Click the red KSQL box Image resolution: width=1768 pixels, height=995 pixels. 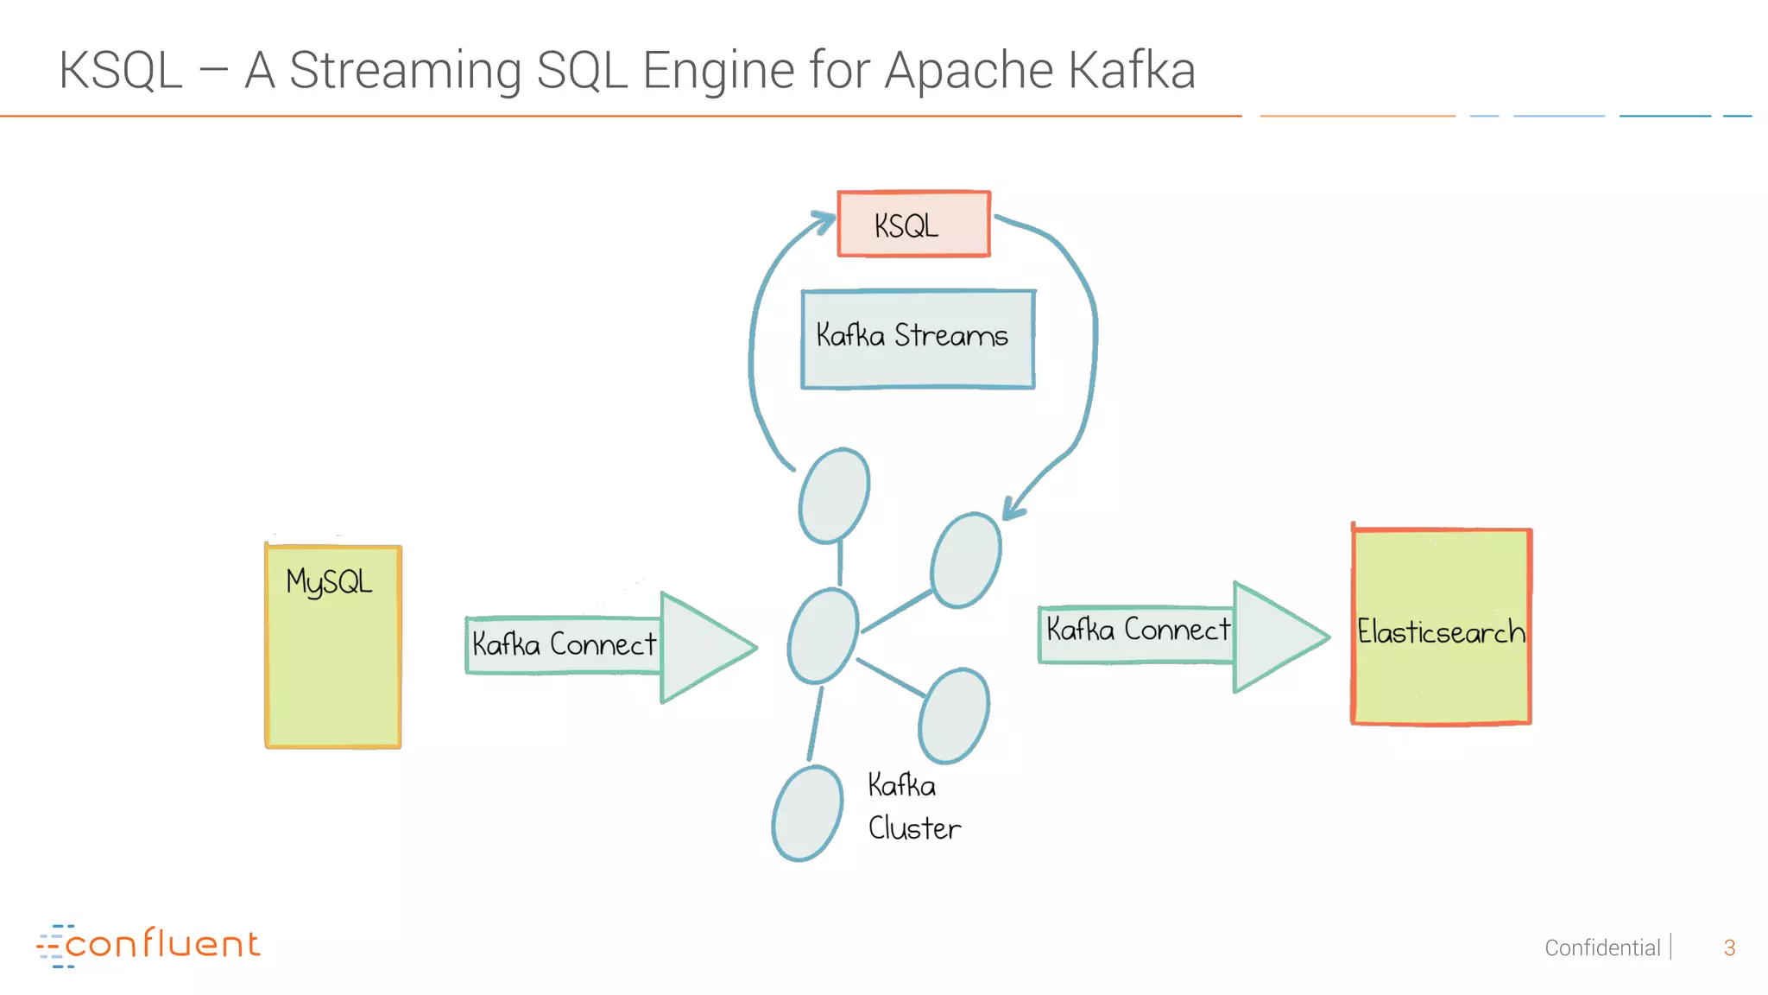(913, 225)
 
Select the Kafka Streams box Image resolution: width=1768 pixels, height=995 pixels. (917, 339)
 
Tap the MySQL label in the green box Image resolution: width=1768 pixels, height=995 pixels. (329, 582)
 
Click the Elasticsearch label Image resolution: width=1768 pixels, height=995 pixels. (1440, 632)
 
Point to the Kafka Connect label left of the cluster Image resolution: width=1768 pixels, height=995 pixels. (564, 644)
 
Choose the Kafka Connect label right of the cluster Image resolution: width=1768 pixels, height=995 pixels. (1138, 630)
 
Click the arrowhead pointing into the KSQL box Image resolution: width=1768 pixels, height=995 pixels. (825, 220)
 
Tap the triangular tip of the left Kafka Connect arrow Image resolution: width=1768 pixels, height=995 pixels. (708, 648)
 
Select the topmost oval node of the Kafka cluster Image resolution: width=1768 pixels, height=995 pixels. (833, 496)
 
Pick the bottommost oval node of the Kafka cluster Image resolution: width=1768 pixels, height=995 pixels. (807, 814)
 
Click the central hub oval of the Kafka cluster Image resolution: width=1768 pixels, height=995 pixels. (823, 637)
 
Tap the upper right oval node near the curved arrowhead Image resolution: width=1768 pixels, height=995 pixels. (966, 561)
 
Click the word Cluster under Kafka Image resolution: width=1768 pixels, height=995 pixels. (914, 828)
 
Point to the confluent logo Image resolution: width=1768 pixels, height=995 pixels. (148, 945)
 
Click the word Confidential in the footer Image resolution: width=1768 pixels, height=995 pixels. (1601, 947)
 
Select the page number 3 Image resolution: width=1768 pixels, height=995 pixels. (1728, 947)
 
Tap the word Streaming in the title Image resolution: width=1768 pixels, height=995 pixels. (405, 71)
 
